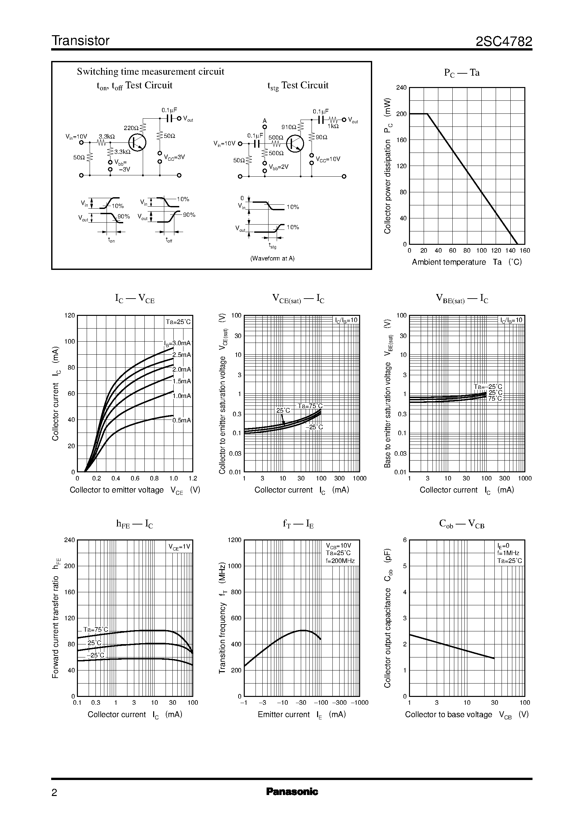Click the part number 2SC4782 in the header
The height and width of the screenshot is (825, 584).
[504, 42]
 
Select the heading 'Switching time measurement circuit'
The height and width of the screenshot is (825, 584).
[150, 72]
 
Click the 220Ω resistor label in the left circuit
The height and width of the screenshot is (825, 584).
[131, 128]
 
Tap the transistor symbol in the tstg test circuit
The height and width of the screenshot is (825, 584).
[296, 143]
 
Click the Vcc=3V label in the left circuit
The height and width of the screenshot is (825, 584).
[174, 157]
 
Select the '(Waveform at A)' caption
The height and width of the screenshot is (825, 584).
[272, 258]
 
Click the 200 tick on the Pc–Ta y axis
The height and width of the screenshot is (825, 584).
[401, 114]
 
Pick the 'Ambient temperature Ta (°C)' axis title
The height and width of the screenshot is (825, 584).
[466, 262]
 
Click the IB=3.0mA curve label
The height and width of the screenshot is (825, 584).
[178, 343]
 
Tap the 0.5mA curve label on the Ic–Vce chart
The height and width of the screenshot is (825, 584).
[182, 420]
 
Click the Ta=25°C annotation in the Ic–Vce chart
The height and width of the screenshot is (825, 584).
[178, 322]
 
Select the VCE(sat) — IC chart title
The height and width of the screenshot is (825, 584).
[298, 299]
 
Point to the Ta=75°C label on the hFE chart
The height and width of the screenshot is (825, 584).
[96, 629]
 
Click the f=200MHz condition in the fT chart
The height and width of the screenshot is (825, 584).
[340, 561]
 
